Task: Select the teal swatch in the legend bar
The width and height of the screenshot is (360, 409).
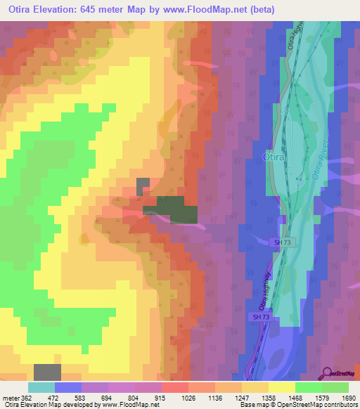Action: [x=41, y=388]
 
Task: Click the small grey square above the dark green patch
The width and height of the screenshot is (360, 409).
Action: [x=143, y=186]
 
